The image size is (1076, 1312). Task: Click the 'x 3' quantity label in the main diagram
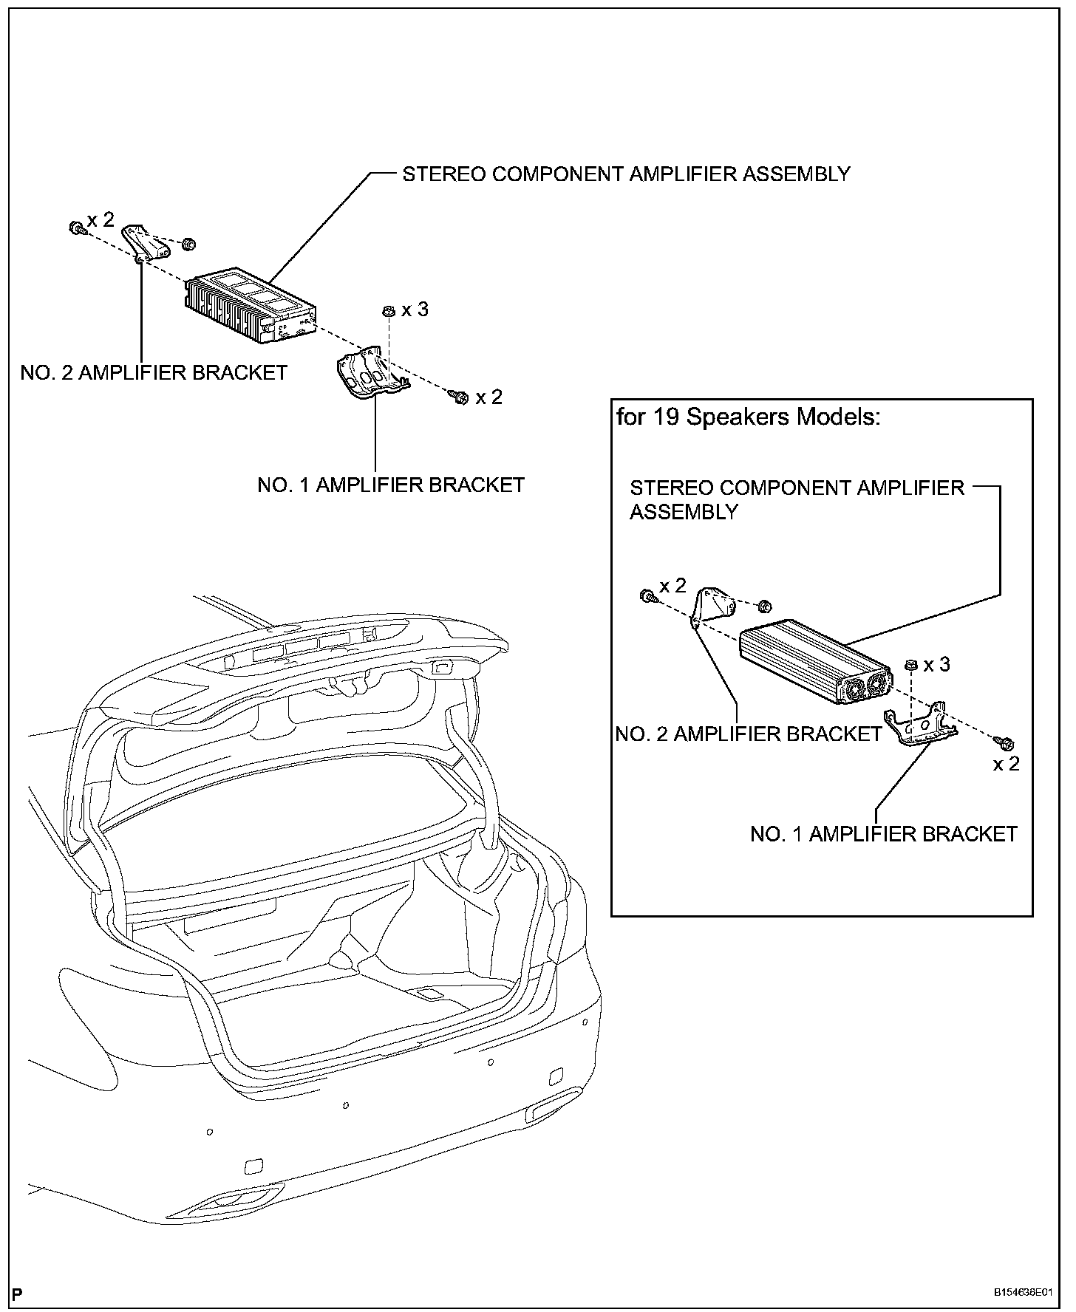pyautogui.click(x=415, y=310)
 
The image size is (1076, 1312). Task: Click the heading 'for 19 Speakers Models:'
pyautogui.click(x=749, y=417)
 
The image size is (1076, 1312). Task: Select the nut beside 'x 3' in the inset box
pyautogui.click(x=911, y=665)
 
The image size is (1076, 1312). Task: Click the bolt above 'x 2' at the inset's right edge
pyautogui.click(x=1006, y=741)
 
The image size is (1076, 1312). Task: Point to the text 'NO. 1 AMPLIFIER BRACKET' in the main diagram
pyautogui.click(x=391, y=485)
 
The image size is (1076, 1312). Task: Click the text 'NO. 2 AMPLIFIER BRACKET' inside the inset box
pyautogui.click(x=749, y=734)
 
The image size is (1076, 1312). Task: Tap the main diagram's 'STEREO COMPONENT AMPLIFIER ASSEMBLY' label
pyautogui.click(x=626, y=174)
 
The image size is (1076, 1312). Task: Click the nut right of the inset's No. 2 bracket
pyautogui.click(x=765, y=607)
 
